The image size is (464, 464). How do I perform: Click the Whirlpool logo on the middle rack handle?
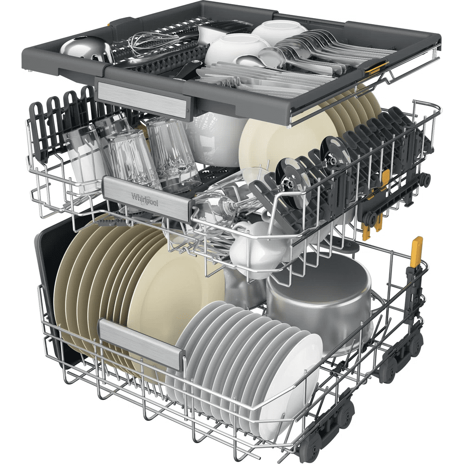[x=145, y=200]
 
